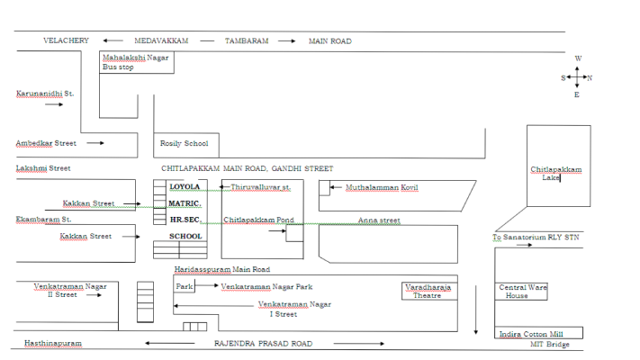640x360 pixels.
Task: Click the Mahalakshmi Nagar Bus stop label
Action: click(136, 62)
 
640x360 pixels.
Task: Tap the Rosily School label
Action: click(185, 143)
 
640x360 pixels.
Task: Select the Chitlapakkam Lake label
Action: click(556, 173)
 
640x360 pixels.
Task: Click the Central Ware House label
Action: click(522, 291)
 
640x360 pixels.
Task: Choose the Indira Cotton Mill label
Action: click(531, 334)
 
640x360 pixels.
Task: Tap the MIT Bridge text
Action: click(549, 344)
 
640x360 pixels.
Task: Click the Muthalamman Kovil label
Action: click(382, 187)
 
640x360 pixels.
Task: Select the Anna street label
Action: click(379, 220)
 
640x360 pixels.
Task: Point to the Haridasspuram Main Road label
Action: click(222, 269)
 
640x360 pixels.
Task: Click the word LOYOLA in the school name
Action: click(185, 186)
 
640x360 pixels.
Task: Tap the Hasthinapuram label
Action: click(53, 343)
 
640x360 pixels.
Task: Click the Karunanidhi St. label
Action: click(45, 94)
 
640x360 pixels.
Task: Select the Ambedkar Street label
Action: click(46, 143)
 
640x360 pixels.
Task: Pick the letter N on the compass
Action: click(590, 78)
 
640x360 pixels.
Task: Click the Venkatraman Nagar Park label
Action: click(266, 286)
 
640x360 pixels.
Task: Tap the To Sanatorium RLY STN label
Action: click(536, 237)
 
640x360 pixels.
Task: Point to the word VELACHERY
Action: click(66, 40)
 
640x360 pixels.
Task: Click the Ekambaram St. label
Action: click(44, 220)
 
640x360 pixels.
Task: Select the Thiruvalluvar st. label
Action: click(260, 187)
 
